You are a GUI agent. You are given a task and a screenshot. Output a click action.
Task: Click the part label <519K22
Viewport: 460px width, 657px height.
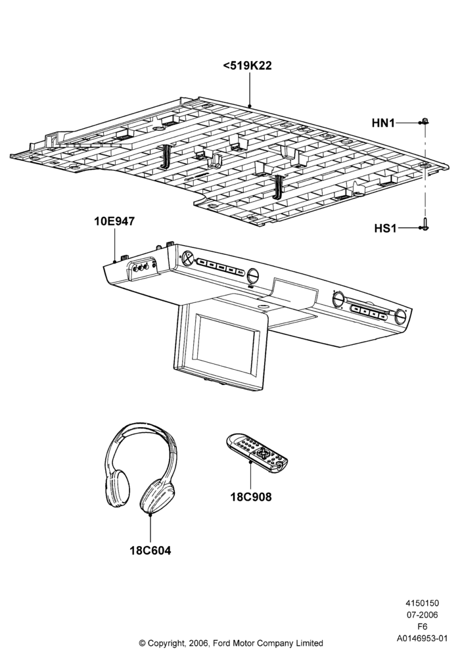pyautogui.click(x=247, y=66)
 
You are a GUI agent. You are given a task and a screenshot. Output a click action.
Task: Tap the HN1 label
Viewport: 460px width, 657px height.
pyautogui.click(x=383, y=124)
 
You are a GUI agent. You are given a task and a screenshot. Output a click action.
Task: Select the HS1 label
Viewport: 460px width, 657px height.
pyautogui.click(x=385, y=229)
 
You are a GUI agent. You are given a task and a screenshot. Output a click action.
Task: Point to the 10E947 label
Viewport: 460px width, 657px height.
pyautogui.click(x=114, y=221)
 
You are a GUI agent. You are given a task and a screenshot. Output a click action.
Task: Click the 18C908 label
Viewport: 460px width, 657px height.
pyautogui.click(x=251, y=497)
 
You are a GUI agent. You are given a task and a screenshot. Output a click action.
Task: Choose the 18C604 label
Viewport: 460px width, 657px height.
pyautogui.click(x=150, y=550)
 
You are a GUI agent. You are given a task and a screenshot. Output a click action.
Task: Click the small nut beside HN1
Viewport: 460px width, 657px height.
pyautogui.click(x=425, y=122)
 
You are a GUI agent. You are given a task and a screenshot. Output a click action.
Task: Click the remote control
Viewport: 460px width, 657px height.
pyautogui.click(x=257, y=453)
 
